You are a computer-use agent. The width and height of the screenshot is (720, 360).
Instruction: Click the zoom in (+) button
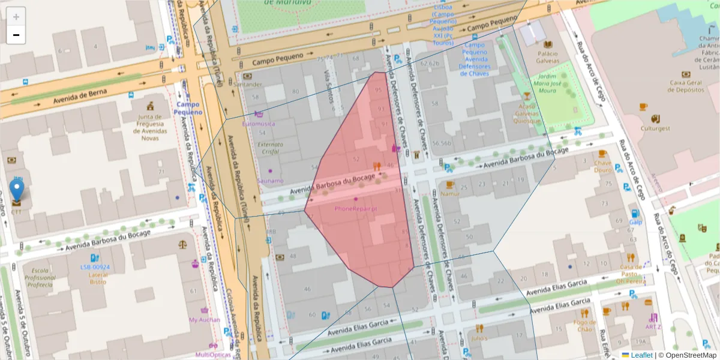[16, 17]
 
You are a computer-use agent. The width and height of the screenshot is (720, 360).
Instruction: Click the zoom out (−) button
[16, 35]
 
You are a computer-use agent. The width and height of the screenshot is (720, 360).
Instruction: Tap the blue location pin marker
[17, 191]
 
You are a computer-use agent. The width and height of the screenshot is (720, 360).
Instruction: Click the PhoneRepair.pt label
[356, 209]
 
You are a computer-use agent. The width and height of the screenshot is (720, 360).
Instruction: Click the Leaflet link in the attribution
[641, 355]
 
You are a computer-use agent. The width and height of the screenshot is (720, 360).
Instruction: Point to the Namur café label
[450, 194]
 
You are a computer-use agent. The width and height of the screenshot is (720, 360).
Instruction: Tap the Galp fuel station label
[635, 222]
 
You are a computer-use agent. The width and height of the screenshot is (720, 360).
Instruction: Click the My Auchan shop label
[204, 320]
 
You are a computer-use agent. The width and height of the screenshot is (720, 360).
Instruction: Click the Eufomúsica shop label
[259, 124]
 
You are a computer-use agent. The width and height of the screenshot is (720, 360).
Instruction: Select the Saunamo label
[270, 180]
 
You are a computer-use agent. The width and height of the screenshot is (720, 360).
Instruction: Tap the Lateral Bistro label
[98, 278]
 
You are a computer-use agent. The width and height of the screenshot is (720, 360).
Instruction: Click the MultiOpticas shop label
[213, 354]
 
